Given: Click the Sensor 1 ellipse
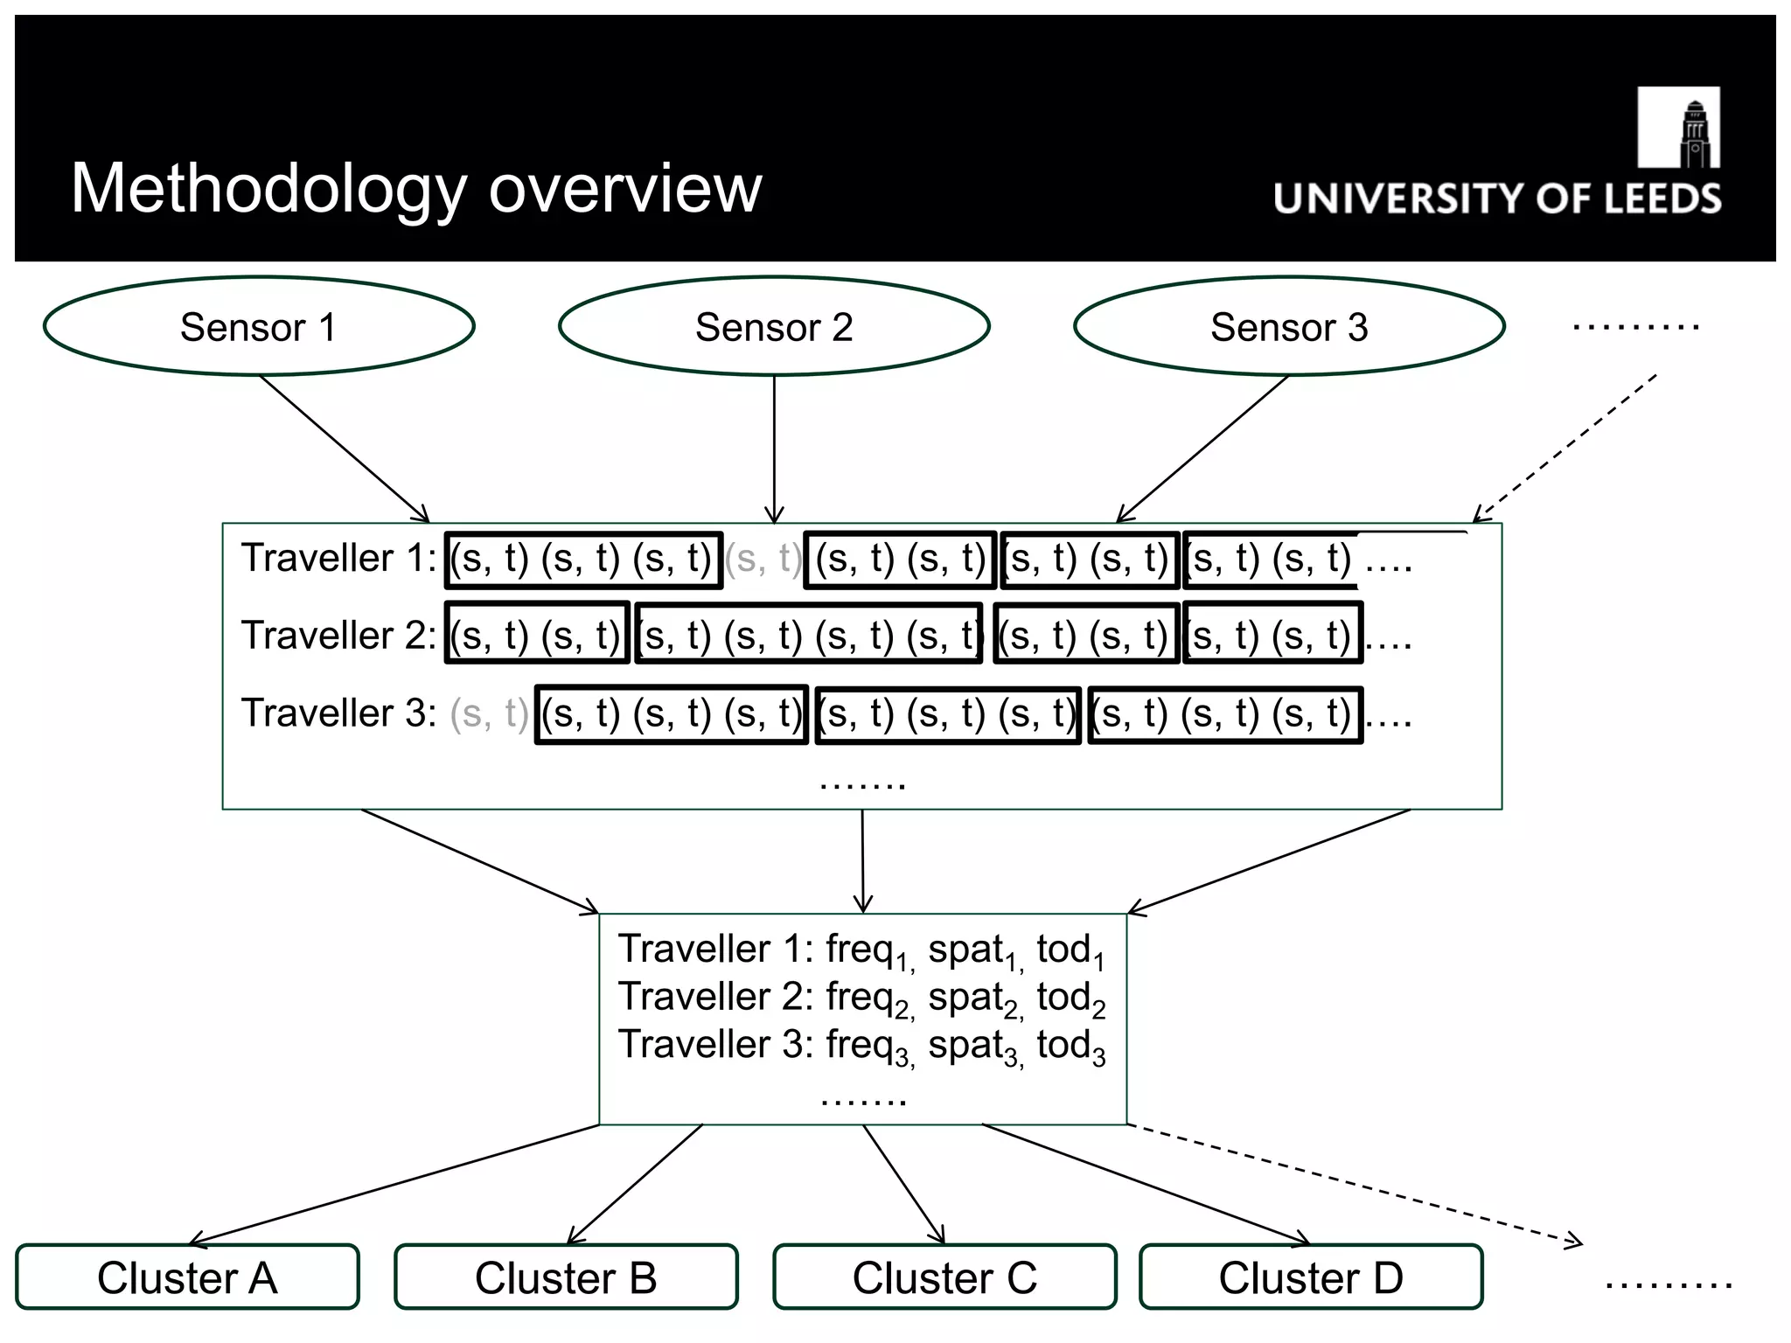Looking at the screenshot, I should click(259, 327).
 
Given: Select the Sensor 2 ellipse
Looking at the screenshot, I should click(774, 327).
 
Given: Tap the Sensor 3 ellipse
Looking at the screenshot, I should click(1289, 327).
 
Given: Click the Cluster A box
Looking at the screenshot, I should click(187, 1277).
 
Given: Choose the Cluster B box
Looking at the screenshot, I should click(566, 1277).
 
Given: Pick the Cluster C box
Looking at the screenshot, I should click(944, 1277).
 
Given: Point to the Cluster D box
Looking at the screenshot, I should click(1311, 1277).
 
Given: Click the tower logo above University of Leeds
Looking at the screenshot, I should click(1678, 128).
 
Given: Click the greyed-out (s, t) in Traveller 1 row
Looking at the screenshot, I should click(763, 559).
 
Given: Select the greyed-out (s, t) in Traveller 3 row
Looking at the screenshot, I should click(489, 714).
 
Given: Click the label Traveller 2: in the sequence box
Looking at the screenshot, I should click(338, 636).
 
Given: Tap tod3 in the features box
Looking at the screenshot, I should click(1071, 1047).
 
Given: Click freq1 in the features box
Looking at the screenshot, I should click(869, 951).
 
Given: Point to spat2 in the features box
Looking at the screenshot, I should click(974, 999).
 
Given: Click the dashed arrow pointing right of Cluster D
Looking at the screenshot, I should click(1355, 1183).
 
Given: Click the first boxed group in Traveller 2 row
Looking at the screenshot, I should click(536, 633).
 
